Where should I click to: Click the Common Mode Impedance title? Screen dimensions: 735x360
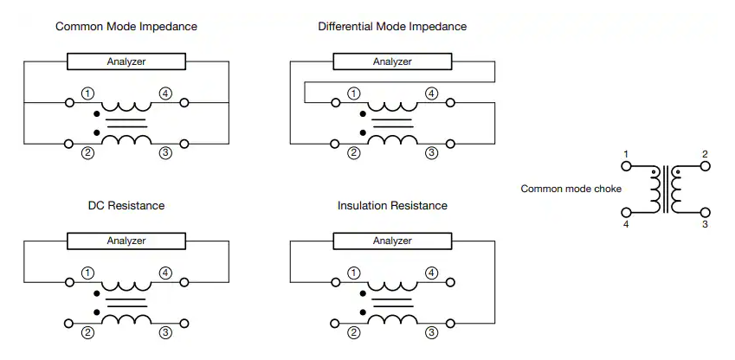click(x=126, y=26)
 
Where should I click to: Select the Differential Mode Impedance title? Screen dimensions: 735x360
click(x=392, y=26)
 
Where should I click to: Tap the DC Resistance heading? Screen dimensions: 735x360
click(x=126, y=205)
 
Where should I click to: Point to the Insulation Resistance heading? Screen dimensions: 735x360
click(x=392, y=205)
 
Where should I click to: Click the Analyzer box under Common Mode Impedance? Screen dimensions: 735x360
click(x=126, y=61)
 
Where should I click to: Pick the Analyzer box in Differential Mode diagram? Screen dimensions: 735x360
click(x=392, y=61)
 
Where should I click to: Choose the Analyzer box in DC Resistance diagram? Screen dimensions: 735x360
click(x=126, y=241)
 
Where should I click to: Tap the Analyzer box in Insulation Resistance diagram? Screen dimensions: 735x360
click(x=392, y=241)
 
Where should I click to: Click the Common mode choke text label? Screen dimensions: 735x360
click(x=571, y=189)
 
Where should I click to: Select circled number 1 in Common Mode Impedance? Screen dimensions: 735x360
click(x=87, y=93)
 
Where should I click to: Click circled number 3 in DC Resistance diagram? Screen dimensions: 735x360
click(x=165, y=333)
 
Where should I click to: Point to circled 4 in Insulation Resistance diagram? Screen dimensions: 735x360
click(x=431, y=273)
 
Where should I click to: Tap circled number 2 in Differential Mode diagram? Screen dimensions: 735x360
click(x=353, y=153)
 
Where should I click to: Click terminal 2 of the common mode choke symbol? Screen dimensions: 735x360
click(x=706, y=166)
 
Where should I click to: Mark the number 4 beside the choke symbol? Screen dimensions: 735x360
click(x=626, y=224)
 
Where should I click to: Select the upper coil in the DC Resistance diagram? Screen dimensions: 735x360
click(x=126, y=286)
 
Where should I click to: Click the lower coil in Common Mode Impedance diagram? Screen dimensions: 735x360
click(x=126, y=139)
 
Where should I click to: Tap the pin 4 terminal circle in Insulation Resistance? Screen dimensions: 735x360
click(x=450, y=282)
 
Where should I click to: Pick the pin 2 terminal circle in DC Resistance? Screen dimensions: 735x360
click(x=69, y=324)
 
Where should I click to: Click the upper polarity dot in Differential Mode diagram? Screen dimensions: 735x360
click(x=363, y=114)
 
